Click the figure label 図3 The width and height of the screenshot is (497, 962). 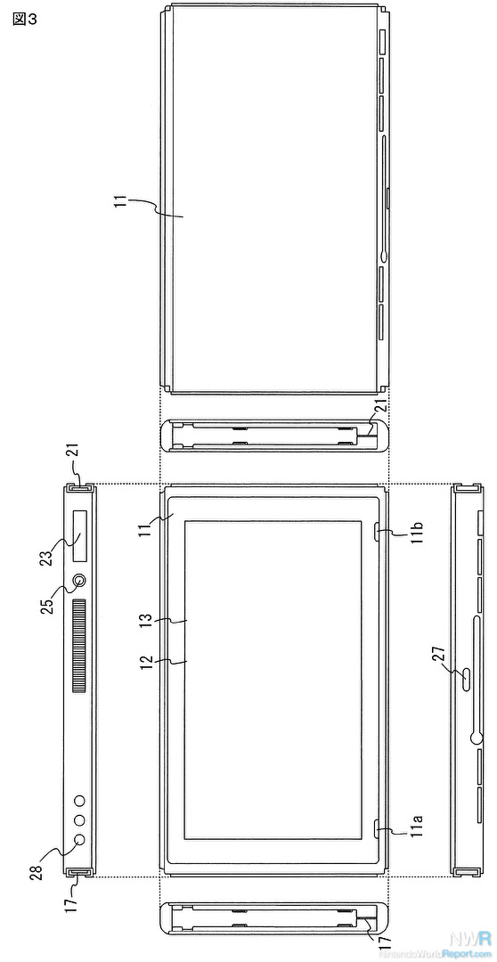click(x=25, y=19)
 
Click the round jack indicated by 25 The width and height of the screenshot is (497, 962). click(x=80, y=581)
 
